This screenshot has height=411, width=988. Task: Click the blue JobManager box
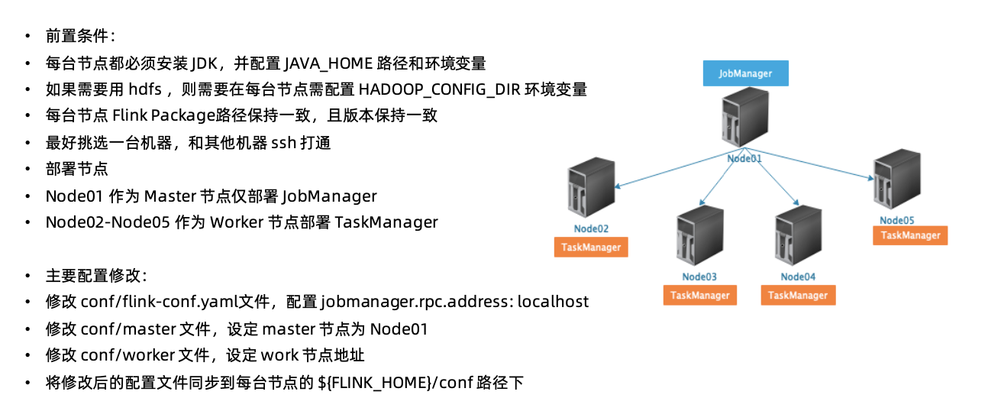click(745, 73)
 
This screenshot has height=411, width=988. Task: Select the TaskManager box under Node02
click(591, 248)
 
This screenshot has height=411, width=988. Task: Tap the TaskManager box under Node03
click(700, 296)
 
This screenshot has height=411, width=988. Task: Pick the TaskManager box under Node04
click(798, 296)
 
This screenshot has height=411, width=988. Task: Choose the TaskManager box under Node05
click(910, 235)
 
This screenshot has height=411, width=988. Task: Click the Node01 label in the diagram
click(744, 158)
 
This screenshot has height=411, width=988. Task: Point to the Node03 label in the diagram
click(699, 277)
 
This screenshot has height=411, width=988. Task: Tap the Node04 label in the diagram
click(798, 277)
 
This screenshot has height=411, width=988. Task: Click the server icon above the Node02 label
click(591, 187)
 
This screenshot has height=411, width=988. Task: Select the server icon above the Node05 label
click(897, 180)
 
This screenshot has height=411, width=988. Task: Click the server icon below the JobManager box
click(745, 117)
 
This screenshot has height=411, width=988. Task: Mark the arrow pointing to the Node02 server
click(680, 168)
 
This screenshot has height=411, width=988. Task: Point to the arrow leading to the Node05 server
click(809, 163)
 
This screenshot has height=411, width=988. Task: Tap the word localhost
click(553, 302)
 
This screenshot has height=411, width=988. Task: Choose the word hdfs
click(145, 89)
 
